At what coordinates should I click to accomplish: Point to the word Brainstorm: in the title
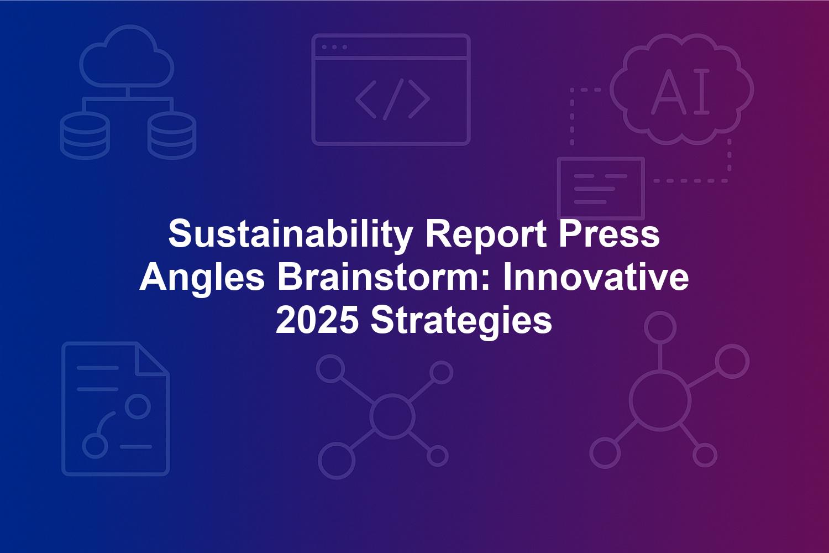tap(385, 277)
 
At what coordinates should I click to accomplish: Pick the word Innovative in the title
tap(596, 277)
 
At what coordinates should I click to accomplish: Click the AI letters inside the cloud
tap(680, 91)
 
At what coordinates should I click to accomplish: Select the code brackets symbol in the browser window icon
tap(392, 100)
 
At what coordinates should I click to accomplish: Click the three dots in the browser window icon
tap(334, 48)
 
